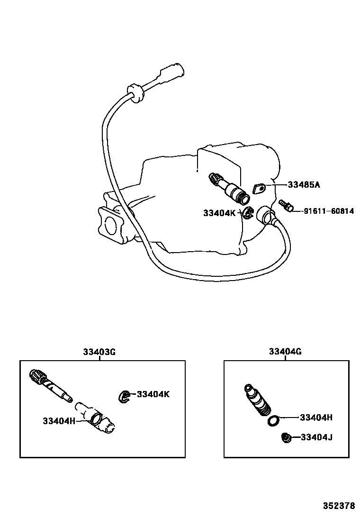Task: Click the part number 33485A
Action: tap(304, 184)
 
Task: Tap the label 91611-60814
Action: tap(328, 211)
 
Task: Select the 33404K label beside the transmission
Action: tap(219, 213)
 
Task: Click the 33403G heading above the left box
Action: tap(99, 352)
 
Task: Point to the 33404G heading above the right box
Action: tap(285, 352)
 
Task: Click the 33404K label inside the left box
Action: tap(153, 394)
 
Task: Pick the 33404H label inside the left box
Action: tap(59, 420)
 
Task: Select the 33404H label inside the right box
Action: tap(316, 418)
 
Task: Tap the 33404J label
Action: tap(316, 437)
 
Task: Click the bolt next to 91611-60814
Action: tap(285, 206)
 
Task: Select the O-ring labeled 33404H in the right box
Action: tap(273, 420)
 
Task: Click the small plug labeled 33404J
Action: tap(286, 438)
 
